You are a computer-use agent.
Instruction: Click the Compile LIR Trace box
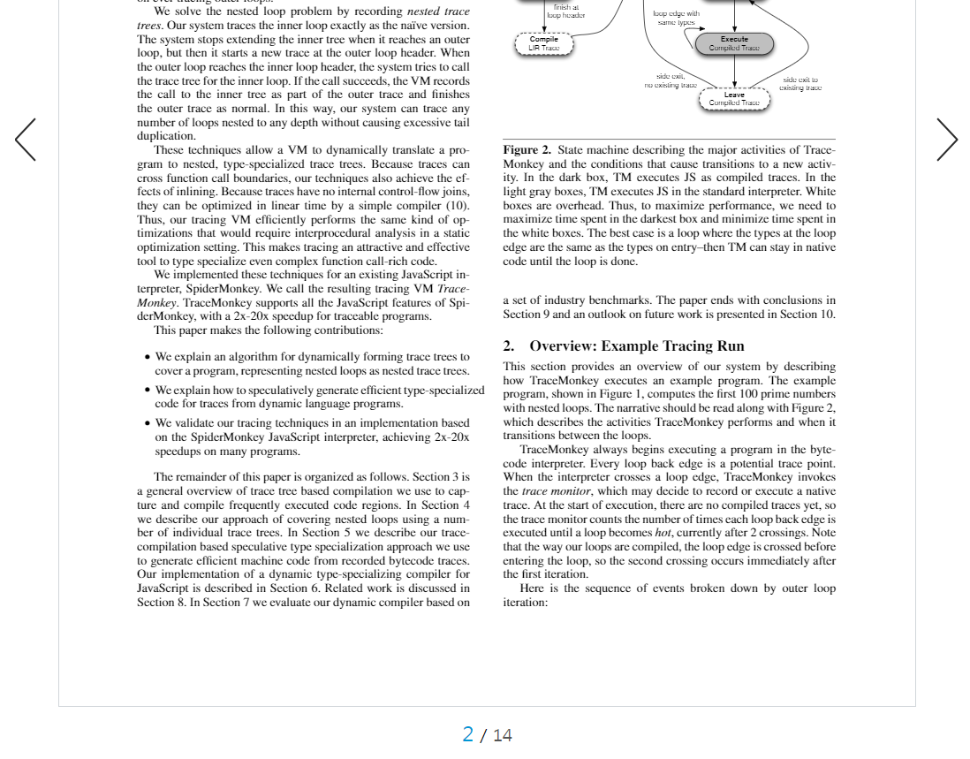[544, 43]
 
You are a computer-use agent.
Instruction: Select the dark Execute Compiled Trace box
[734, 43]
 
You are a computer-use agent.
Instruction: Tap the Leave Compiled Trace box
[734, 99]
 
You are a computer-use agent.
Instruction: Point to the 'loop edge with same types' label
[676, 18]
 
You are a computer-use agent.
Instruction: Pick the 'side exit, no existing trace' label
[671, 80]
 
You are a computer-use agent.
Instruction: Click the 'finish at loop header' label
[565, 11]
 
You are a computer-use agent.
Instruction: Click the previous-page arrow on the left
[26, 140]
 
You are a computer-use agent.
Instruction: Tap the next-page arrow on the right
[946, 140]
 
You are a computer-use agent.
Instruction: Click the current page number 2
[468, 734]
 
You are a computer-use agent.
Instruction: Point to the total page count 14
[503, 735]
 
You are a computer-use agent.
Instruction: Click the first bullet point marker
[147, 358]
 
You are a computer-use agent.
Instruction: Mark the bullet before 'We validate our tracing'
[147, 423]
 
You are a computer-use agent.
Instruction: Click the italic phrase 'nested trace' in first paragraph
[437, 11]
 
